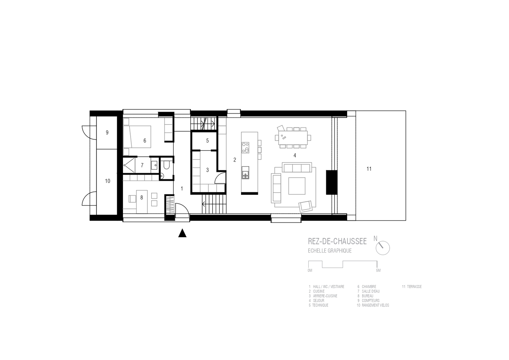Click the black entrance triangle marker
[x=182, y=233]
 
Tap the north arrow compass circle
[x=383, y=248]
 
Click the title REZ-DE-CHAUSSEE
[x=337, y=241]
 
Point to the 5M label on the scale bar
[x=378, y=270]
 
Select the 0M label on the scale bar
[x=310, y=270]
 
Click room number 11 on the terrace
[x=369, y=169]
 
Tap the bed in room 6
[x=137, y=137]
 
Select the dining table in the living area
[x=293, y=138]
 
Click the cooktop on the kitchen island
[x=245, y=147]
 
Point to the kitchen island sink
[x=245, y=172]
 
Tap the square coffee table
[x=297, y=186]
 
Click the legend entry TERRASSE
[x=414, y=287]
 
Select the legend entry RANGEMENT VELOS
[x=376, y=305]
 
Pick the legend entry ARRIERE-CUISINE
[x=325, y=296]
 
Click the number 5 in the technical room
[x=208, y=140]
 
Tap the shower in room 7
[x=129, y=165]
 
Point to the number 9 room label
[x=107, y=132]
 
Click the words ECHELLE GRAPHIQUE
[x=330, y=251]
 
